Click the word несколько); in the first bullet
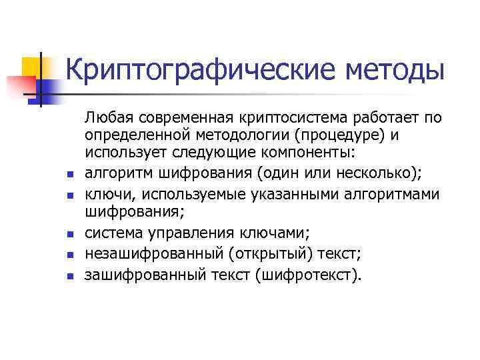click(379, 174)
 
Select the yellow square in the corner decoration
click(32, 69)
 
